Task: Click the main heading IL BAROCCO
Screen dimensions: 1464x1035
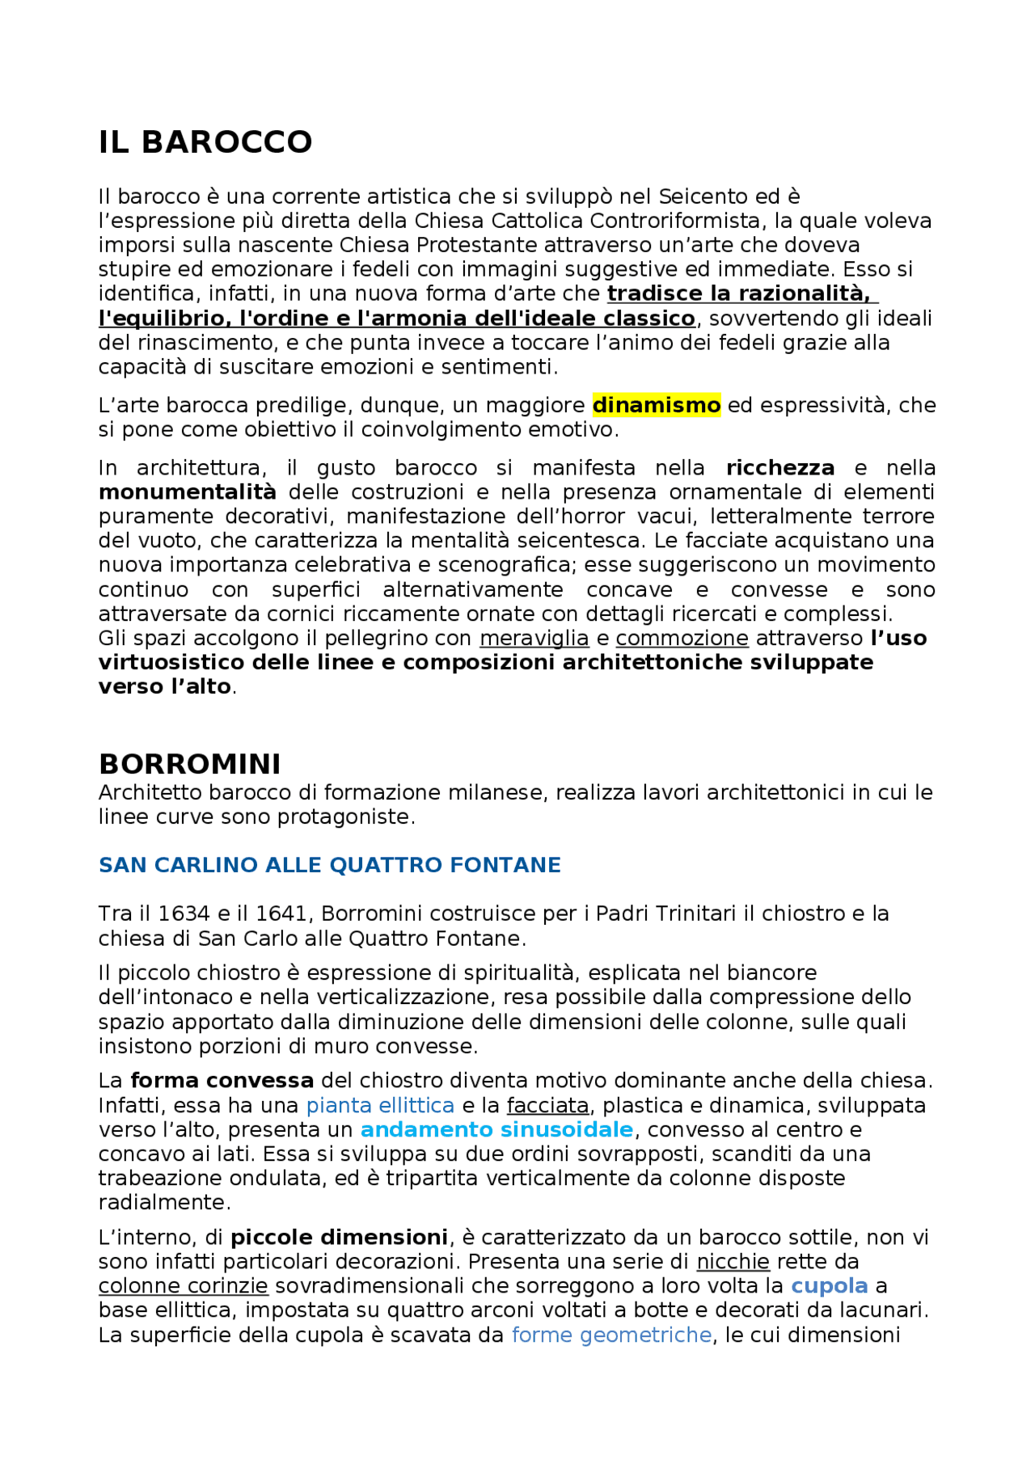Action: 205,142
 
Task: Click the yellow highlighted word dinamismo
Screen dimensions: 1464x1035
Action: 656,405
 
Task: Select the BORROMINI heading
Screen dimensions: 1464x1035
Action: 189,764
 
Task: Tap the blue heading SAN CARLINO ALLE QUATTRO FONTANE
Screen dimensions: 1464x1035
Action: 329,865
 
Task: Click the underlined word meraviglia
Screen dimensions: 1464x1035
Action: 534,638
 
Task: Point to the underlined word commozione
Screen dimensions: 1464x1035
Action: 682,638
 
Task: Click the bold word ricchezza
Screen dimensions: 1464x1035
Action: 780,468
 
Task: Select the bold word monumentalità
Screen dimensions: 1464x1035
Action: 187,492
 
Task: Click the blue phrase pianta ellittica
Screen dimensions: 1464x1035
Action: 380,1105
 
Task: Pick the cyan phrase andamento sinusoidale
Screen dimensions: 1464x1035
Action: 496,1129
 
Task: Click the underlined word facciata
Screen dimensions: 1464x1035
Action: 548,1105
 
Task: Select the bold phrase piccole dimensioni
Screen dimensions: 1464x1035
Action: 339,1238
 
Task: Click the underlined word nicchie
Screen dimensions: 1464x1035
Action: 733,1262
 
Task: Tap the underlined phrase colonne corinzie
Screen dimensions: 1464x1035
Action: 183,1286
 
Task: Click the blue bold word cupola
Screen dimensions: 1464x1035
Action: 829,1286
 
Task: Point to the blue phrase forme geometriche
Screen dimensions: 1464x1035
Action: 611,1335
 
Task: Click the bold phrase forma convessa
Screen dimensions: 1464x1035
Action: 222,1081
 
